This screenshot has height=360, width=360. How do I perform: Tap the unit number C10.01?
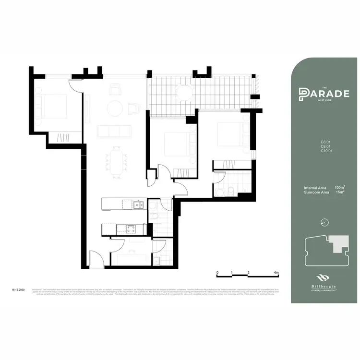click(326, 151)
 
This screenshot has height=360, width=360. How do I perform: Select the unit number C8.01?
click(326, 142)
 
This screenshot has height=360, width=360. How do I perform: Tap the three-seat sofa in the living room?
click(113, 131)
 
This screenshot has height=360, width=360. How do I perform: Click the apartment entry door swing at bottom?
click(96, 259)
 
